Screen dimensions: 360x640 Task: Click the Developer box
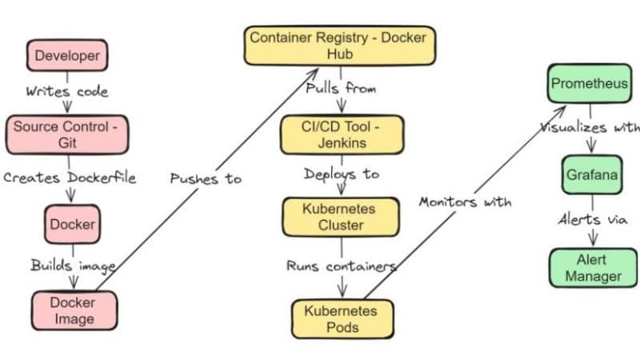pyautogui.click(x=68, y=56)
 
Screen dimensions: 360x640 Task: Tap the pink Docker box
pyautogui.click(x=73, y=225)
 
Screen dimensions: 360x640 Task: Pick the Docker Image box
pyautogui.click(x=73, y=310)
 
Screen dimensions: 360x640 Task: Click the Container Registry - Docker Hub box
pyautogui.click(x=339, y=46)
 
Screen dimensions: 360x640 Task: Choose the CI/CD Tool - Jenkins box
pyautogui.click(x=342, y=134)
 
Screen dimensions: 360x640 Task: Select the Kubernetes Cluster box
pyautogui.click(x=339, y=217)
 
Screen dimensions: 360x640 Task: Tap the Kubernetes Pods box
pyautogui.click(x=342, y=318)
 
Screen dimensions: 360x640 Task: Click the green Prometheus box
pyautogui.click(x=590, y=83)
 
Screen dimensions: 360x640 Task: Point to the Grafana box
pyautogui.click(x=591, y=175)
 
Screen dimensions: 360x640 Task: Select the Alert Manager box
pyautogui.click(x=592, y=268)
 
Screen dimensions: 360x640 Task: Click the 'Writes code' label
pyautogui.click(x=67, y=90)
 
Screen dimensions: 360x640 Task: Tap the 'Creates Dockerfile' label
pyautogui.click(x=70, y=178)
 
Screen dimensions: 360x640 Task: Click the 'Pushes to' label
pyautogui.click(x=206, y=178)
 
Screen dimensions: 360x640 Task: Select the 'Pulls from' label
pyautogui.click(x=341, y=88)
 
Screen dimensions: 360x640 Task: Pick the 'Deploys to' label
pyautogui.click(x=342, y=174)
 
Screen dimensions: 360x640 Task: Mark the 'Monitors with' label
pyautogui.click(x=464, y=202)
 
